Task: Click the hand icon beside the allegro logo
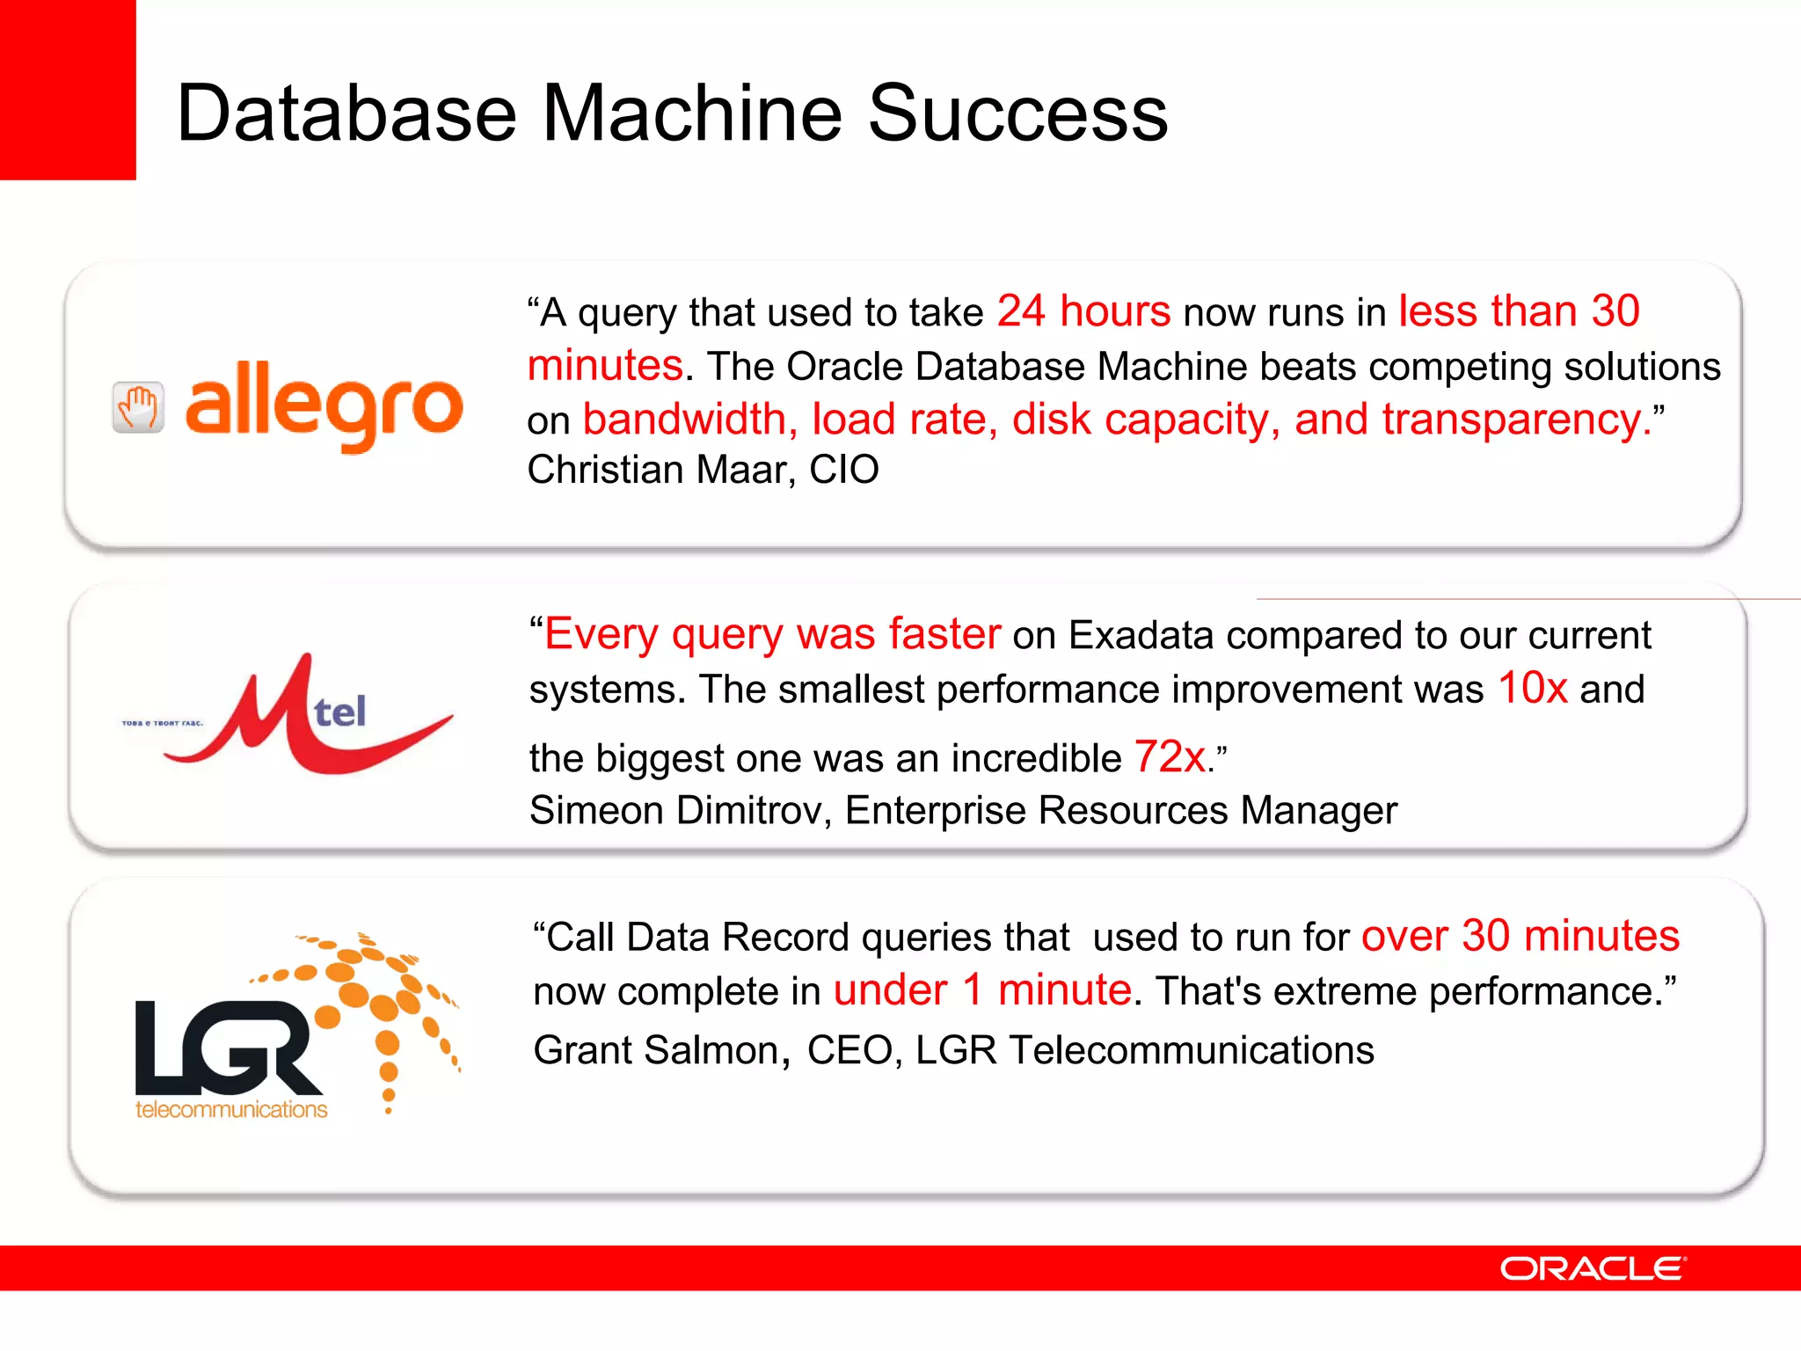click(x=138, y=407)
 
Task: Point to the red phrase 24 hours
click(x=1083, y=311)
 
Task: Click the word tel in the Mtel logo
click(x=340, y=712)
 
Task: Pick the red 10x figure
click(x=1533, y=689)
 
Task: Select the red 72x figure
click(x=1170, y=757)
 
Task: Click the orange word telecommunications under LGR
click(x=231, y=1110)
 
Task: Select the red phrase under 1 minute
click(x=982, y=991)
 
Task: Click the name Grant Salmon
click(x=655, y=1050)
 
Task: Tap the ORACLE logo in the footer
click(x=1593, y=1268)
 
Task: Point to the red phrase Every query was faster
click(x=772, y=634)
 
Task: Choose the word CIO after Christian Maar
click(x=843, y=470)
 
